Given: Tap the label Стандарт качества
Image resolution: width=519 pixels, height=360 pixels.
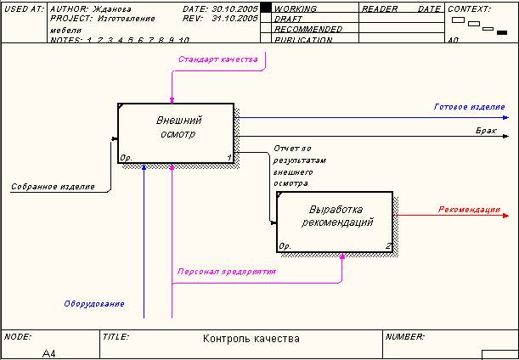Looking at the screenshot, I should tap(217, 59).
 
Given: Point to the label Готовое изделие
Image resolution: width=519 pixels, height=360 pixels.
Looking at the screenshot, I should tap(469, 107).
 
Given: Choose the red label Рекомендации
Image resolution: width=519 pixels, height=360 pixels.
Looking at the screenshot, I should tap(469, 210).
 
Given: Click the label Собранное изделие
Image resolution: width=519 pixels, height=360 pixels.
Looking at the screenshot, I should tap(53, 186).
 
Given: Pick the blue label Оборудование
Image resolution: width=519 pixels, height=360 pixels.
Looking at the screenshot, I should tap(94, 303).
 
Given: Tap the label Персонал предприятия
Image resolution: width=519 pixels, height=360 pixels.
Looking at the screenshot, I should tap(226, 272).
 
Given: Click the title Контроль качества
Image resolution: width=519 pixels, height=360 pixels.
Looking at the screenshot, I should tap(251, 339).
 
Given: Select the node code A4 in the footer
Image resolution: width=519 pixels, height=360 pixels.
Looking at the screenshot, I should tap(49, 353).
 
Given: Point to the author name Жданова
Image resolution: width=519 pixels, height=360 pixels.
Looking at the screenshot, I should tap(112, 8).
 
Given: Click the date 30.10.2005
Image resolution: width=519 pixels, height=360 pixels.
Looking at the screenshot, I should tap(234, 8).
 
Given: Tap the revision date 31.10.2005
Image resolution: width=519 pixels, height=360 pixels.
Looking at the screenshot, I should tap(234, 18).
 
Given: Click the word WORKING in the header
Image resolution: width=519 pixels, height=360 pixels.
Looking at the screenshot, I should tap(296, 8).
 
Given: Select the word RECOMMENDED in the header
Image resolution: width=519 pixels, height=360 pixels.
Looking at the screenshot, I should tap(308, 29).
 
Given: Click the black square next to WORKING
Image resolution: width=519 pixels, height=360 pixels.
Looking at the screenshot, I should tap(265, 8).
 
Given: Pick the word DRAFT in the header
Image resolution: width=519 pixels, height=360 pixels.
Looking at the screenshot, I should tap(289, 18).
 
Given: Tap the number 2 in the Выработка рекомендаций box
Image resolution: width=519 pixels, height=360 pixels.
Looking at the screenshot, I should tap(388, 246).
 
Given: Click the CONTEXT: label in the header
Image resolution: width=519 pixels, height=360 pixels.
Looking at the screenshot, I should tap(470, 8).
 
